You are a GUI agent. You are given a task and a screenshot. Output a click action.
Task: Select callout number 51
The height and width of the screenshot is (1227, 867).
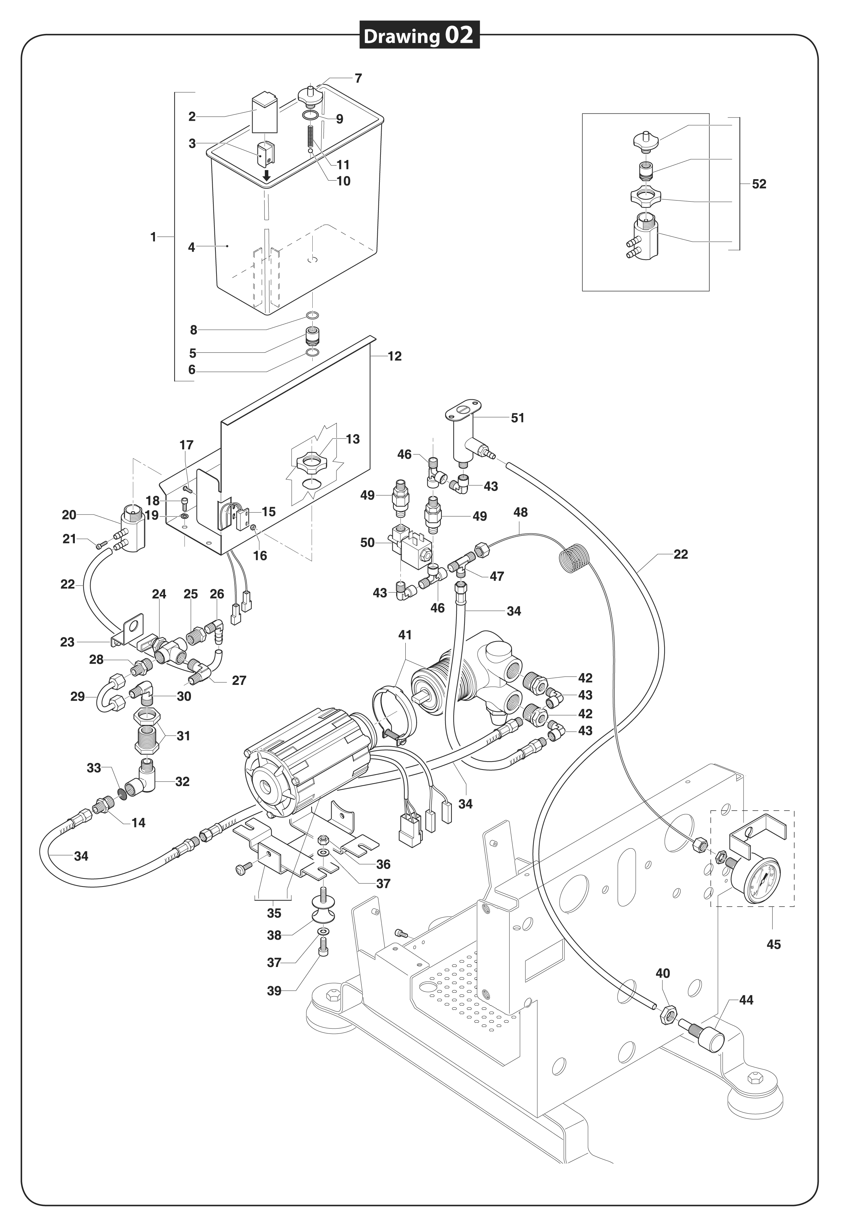[518, 418]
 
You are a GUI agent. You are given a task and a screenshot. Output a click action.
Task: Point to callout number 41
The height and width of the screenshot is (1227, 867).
[405, 635]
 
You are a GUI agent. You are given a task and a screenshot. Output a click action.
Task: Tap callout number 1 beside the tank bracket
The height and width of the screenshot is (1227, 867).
[153, 237]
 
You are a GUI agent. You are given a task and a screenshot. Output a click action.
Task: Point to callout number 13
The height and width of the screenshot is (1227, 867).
[353, 439]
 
